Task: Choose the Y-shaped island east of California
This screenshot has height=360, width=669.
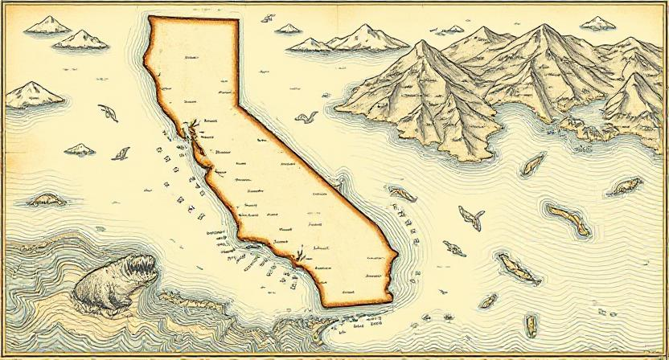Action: (471, 216)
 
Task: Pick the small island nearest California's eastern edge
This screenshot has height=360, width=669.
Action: (401, 193)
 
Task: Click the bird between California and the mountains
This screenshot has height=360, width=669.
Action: (305, 117)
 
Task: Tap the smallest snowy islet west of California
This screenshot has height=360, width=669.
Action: (80, 149)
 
